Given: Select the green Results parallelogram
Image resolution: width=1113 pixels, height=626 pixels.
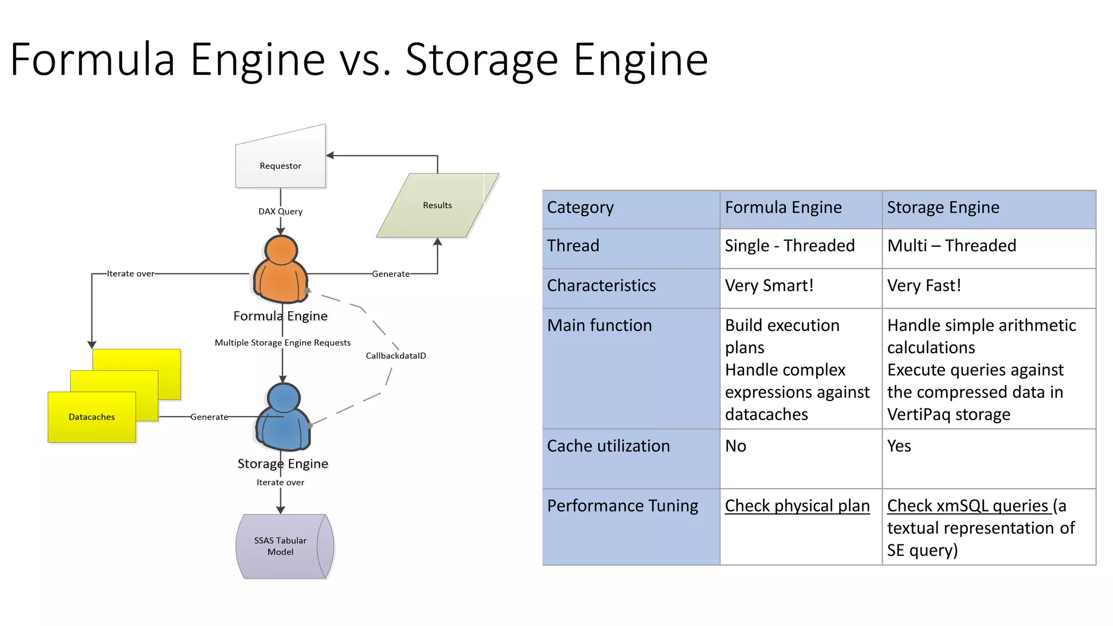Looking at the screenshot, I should tap(437, 205).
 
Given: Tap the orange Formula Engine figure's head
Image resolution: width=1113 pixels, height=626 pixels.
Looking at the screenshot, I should tap(281, 251).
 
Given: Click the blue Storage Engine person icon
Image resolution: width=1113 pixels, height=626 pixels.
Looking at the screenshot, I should tap(283, 418).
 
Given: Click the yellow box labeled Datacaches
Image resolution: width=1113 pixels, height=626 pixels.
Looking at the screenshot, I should tap(92, 417).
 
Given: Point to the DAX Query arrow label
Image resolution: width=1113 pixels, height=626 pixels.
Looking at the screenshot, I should tap(280, 211).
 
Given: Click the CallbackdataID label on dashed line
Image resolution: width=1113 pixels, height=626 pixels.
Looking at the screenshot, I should tap(396, 356).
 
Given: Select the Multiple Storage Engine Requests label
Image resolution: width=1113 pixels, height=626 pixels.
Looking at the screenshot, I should tap(283, 343).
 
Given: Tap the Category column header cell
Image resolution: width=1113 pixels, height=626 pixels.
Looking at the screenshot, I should tap(580, 208).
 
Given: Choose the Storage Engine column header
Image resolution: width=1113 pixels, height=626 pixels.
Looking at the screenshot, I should tap(943, 208).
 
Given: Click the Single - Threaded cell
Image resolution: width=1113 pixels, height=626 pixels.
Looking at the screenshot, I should tap(789, 246).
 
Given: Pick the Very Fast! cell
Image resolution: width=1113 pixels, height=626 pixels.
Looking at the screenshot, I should tap(924, 286).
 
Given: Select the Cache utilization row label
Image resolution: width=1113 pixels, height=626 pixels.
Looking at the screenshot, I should tap(608, 446).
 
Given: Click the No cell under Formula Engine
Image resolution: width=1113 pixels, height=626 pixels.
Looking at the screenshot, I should tap(736, 446).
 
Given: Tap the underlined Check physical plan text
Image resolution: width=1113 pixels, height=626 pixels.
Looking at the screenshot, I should tap(797, 506).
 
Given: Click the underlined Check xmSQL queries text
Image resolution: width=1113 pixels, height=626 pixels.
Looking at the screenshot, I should tap(967, 506).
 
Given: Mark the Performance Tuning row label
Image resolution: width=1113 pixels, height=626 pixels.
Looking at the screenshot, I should tap(622, 506).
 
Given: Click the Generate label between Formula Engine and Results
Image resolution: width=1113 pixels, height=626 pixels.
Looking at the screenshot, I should tap(391, 274).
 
